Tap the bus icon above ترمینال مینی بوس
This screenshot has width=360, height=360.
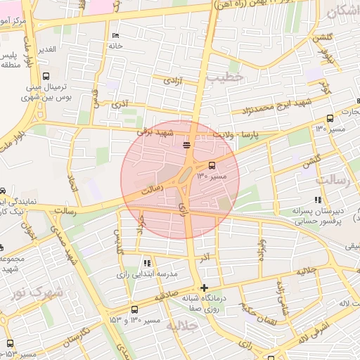point(46,77)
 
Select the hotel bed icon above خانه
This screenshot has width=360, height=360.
point(115,36)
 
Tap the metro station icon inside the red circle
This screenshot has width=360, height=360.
point(186,146)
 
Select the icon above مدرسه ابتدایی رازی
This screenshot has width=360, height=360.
point(146,262)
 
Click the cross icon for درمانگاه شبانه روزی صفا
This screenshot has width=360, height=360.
point(204,288)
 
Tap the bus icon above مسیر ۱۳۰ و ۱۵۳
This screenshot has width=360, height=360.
point(135,309)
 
